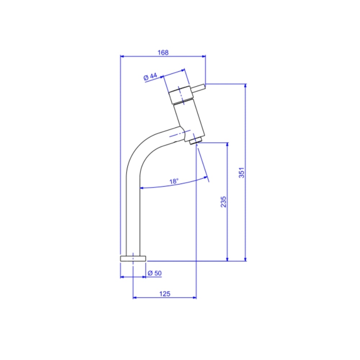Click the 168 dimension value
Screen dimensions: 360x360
(x=163, y=53)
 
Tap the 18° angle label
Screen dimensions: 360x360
(x=174, y=181)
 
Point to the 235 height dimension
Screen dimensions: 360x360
(x=224, y=202)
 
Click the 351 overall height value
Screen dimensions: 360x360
(x=242, y=173)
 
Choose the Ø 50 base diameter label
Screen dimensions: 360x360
(x=154, y=273)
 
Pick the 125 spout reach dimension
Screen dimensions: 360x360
(x=165, y=294)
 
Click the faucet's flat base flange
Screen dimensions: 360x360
(x=133, y=258)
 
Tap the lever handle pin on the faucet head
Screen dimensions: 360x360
(x=198, y=89)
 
